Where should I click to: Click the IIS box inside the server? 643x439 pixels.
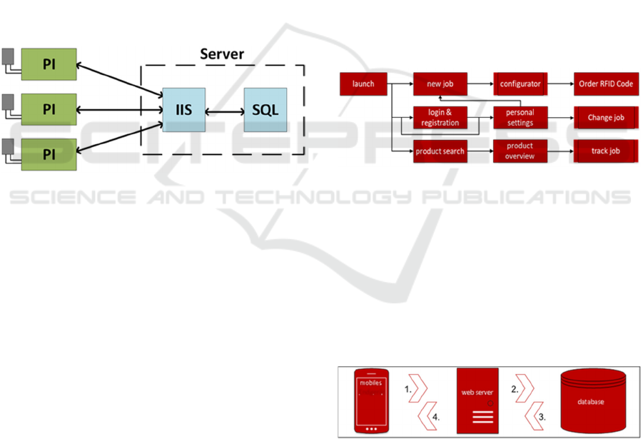pyautogui.click(x=183, y=110)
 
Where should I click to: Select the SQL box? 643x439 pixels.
pyautogui.click(x=265, y=110)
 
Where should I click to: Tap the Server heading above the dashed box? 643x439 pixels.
pyautogui.click(x=221, y=54)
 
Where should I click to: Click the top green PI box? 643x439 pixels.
pyautogui.click(x=49, y=64)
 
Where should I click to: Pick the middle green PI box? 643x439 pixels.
pyautogui.click(x=49, y=109)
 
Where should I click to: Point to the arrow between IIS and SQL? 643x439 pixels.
pyautogui.click(x=224, y=111)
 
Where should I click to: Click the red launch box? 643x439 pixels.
pyautogui.click(x=363, y=84)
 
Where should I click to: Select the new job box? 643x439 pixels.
pyautogui.click(x=440, y=84)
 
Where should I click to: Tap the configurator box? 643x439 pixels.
pyautogui.click(x=520, y=84)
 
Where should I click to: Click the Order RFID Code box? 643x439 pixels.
pyautogui.click(x=605, y=84)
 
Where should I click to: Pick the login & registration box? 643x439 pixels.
pyautogui.click(x=440, y=117)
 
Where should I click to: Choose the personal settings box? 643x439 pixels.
pyautogui.click(x=520, y=117)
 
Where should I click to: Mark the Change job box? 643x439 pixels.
pyautogui.click(x=605, y=117)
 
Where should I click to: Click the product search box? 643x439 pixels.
pyautogui.click(x=440, y=151)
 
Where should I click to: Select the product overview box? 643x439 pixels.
pyautogui.click(x=520, y=151)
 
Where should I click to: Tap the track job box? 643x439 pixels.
pyautogui.click(x=605, y=151)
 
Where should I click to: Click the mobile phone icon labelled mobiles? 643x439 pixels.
pyautogui.click(x=371, y=401)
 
